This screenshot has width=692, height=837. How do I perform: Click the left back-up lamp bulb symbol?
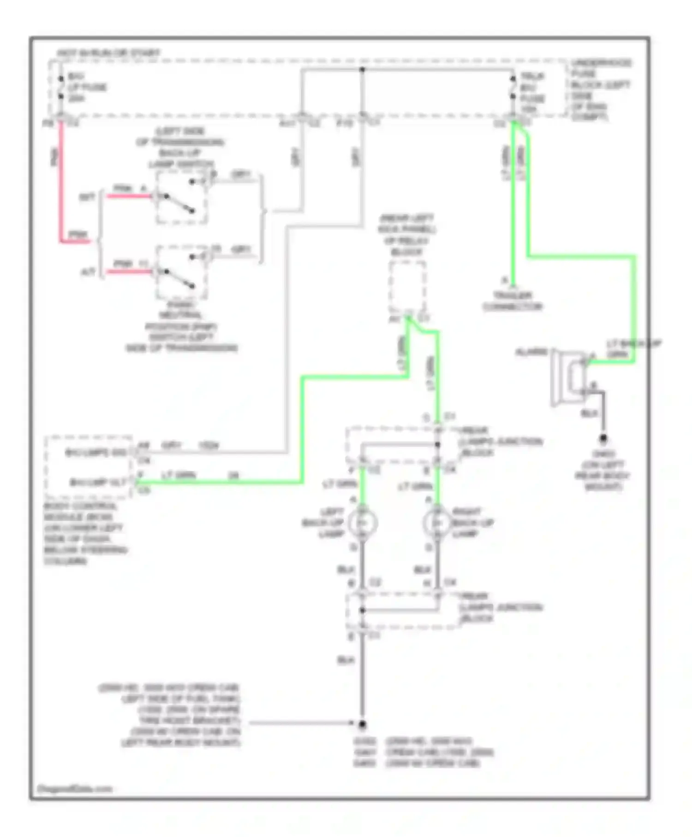pos(363,523)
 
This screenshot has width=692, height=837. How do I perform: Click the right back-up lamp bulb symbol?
pos(437,523)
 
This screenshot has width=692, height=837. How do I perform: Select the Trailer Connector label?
pos(513,301)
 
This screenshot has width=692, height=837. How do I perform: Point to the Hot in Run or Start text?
pos(109,53)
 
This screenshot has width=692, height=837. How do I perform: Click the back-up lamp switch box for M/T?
pos(181,197)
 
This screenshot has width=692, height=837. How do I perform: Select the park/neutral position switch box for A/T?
pos(181,272)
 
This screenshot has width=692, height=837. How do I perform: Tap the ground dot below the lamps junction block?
pos(362,724)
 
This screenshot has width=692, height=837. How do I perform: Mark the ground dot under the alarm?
pos(603,438)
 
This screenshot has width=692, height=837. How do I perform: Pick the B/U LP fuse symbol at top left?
pos(60,87)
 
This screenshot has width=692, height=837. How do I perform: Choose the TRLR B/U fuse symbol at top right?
pos(513,87)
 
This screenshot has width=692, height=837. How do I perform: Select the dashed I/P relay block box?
pos(407,287)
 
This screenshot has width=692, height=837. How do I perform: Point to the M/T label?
pos(87,197)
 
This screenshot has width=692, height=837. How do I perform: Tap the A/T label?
pos(88,272)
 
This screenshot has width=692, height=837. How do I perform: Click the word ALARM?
pos(531,352)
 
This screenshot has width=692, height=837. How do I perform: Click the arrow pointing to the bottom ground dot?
pos(300,723)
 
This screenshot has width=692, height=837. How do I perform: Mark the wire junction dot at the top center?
pos(362,70)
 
